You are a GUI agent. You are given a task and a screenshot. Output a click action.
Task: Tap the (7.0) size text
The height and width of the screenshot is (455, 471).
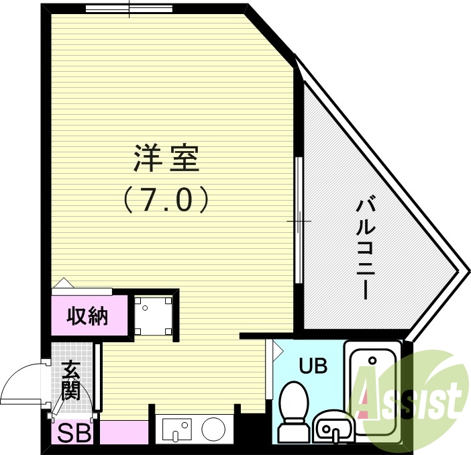(166, 199)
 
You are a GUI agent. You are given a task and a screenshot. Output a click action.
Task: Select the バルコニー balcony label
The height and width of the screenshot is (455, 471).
(365, 248)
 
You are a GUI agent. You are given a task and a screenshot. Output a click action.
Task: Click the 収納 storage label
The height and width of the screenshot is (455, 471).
(88, 315)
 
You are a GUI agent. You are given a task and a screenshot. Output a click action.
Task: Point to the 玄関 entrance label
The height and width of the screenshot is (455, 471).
(71, 381)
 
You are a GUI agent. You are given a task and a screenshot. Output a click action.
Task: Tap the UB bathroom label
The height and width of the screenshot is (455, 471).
(313, 366)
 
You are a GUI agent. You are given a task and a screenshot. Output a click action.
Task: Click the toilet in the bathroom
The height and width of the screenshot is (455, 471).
(293, 409)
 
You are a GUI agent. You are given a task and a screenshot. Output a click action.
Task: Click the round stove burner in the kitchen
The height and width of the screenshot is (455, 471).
(215, 428)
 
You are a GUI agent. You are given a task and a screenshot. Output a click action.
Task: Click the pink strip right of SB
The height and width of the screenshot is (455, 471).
(123, 432)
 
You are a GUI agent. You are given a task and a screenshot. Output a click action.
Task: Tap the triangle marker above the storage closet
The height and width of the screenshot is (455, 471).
(62, 283)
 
